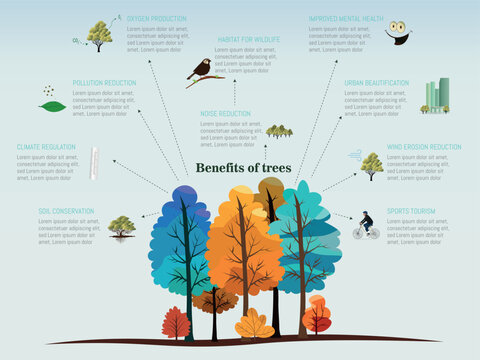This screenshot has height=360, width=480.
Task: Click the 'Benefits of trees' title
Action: tap(244, 167)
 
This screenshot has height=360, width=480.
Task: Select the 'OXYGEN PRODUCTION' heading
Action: tap(157, 18)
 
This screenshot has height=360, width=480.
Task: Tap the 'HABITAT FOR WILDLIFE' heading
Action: tap(249, 39)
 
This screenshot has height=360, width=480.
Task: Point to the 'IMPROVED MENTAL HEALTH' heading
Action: tap(346, 18)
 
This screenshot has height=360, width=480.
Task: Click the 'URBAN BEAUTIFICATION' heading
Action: tap(376, 83)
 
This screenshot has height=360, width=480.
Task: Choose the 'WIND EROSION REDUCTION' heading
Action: tap(424, 147)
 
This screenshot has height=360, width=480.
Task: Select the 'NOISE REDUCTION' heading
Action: tap(226, 114)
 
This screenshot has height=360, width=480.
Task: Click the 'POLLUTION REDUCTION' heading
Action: tap(104, 83)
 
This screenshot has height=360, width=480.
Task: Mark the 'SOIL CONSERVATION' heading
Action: tap(66, 212)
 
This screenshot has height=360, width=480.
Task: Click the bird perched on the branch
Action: tap(201, 69)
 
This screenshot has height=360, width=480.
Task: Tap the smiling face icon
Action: tap(398, 30)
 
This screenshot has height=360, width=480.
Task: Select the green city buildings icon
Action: tap(436, 96)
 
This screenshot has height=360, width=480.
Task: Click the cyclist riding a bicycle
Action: tap(366, 226)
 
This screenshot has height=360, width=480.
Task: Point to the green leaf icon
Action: tap(52, 106)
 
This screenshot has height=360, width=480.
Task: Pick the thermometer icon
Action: tap(94, 162)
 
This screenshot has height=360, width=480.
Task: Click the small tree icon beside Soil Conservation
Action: tap(122, 226)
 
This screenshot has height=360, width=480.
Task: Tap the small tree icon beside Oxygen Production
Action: tap(99, 36)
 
